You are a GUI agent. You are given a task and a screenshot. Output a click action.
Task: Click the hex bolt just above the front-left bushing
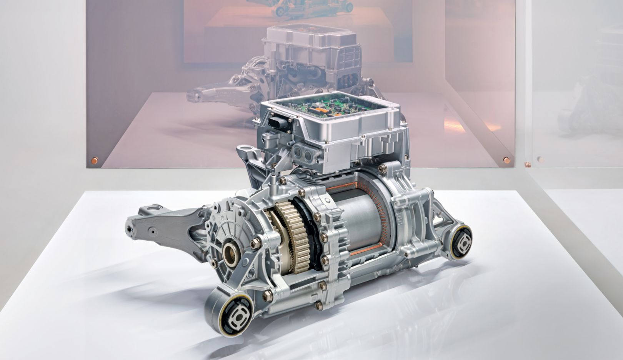(x=266, y=295)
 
